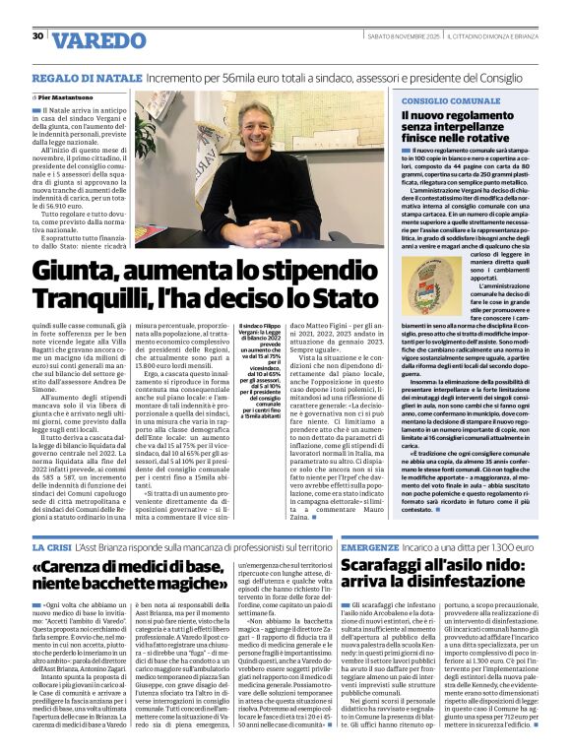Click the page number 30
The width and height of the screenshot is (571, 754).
37,36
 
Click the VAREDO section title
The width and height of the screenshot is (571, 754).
96,40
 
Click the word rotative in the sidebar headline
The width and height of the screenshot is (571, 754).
483,139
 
